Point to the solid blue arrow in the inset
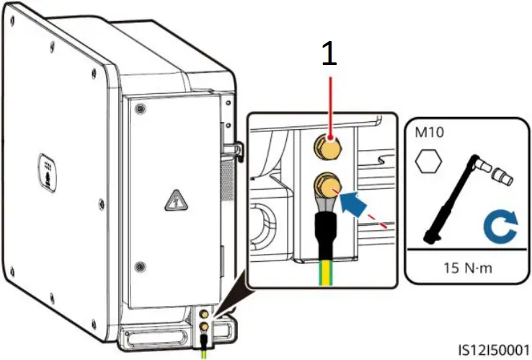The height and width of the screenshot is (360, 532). click(x=354, y=201)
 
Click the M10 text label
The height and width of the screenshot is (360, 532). click(x=430, y=135)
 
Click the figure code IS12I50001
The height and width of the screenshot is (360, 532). click(x=494, y=348)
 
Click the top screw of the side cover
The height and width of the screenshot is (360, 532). click(x=140, y=108)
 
